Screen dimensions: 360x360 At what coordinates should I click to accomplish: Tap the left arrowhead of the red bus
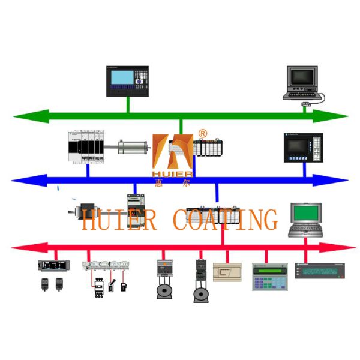pos(21,247)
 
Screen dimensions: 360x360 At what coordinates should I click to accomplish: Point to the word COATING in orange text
pos(225,220)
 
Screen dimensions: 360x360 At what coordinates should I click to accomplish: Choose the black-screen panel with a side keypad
pos(302,146)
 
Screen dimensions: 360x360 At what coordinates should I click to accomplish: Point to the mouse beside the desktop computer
pos(305,106)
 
